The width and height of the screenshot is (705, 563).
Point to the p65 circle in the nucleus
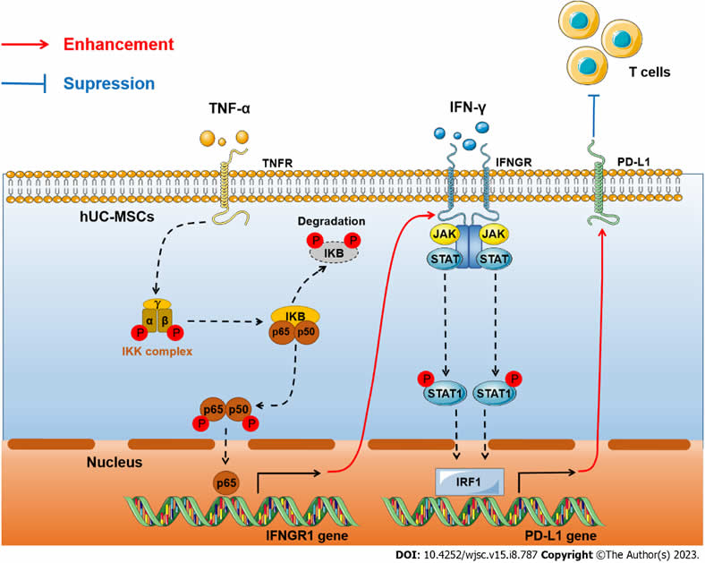[226, 484]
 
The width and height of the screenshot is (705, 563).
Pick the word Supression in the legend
[107, 85]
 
